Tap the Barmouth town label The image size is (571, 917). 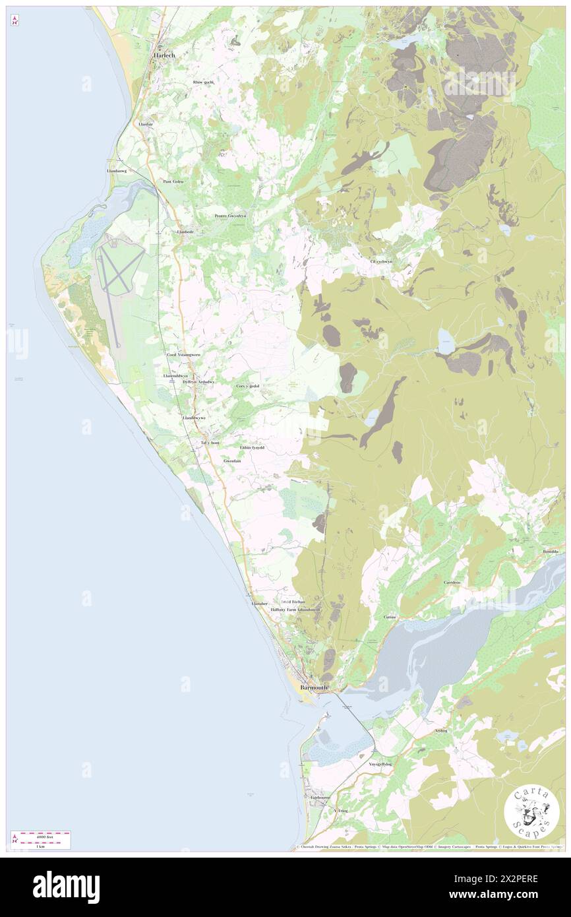[x=314, y=687]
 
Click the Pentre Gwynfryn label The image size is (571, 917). [x=231, y=216]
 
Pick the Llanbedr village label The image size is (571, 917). [x=186, y=232]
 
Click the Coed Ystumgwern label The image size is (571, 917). [x=183, y=354]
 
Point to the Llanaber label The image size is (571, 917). [x=260, y=603]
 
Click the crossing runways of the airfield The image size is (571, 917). [x=119, y=272]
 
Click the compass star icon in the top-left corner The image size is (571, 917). [x=15, y=21]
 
